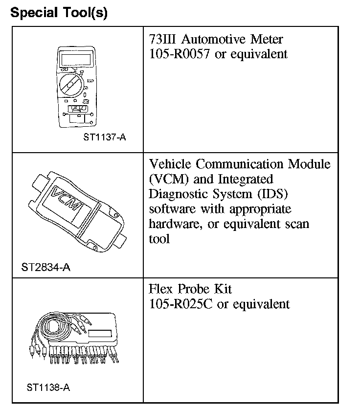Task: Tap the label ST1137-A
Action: [x=105, y=137]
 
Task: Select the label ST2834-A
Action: [x=45, y=268]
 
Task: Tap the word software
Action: [x=171, y=208]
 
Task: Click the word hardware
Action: [x=172, y=224]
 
